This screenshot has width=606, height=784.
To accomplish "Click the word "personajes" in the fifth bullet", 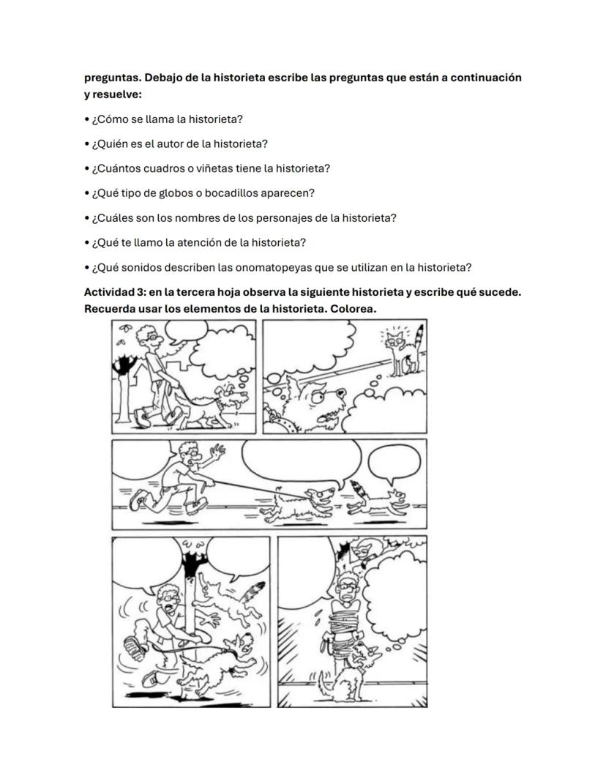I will (287, 218).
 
